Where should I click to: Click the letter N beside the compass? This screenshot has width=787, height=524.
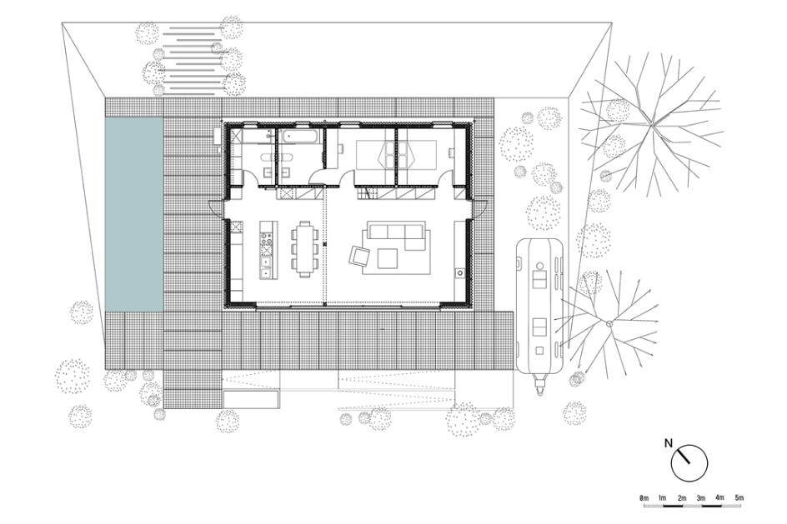pos(668,442)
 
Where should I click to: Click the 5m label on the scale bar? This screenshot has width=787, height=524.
pos(739,498)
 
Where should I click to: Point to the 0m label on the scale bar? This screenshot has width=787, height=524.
pos(644,498)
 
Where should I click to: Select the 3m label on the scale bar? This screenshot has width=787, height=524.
pos(701,498)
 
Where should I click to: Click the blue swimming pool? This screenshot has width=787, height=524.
pos(134,215)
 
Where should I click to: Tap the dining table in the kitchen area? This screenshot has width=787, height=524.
pos(304,249)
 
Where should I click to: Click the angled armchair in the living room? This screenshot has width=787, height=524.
pos(359,256)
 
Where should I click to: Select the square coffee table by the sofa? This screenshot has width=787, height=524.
pos(388,259)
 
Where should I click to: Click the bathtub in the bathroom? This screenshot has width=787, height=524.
pos(299,138)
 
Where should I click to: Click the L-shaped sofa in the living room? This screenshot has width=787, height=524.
pos(397,235)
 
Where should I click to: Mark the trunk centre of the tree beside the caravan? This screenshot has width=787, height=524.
pos(609,323)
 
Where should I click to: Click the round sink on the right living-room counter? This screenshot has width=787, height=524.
pos(459,272)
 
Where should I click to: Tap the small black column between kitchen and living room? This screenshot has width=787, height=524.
pos(325,244)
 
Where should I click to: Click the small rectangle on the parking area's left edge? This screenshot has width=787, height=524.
pos(252,400)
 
